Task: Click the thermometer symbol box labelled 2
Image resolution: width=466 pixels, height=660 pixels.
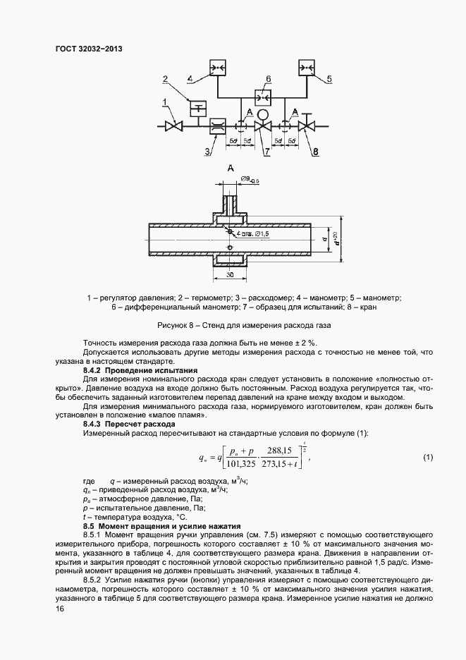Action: pos(198,107)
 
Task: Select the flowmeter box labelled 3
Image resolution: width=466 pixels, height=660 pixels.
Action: pos(219,127)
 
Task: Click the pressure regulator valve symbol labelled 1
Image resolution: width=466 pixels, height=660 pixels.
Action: pos(172,127)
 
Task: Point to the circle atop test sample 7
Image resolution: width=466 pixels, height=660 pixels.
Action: pos(262,114)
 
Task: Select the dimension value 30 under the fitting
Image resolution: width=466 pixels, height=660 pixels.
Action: pos(230,274)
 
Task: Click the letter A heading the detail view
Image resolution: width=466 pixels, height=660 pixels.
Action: pos(230,168)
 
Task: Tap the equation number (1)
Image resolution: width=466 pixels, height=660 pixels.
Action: pos(428,458)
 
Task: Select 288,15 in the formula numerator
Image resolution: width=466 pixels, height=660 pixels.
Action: pos(290,451)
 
